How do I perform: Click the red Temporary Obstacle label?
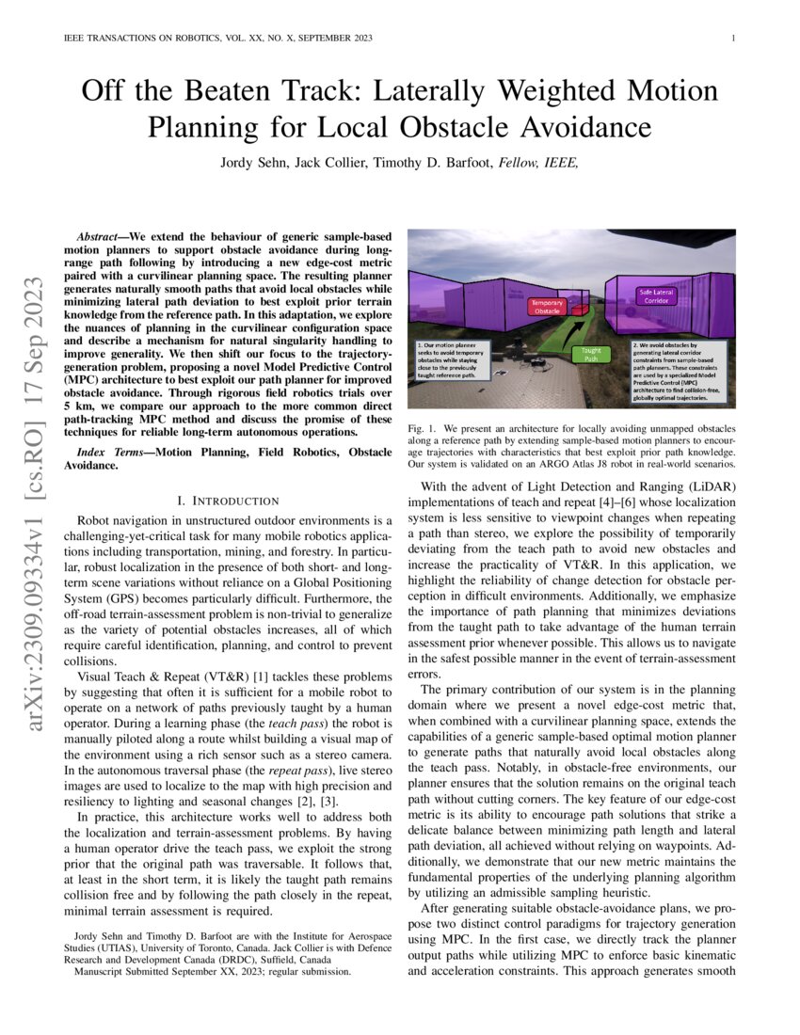(x=547, y=307)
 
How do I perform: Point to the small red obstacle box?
(x=580, y=310)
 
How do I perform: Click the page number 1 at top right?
(x=733, y=39)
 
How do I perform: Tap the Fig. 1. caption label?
(x=424, y=428)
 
